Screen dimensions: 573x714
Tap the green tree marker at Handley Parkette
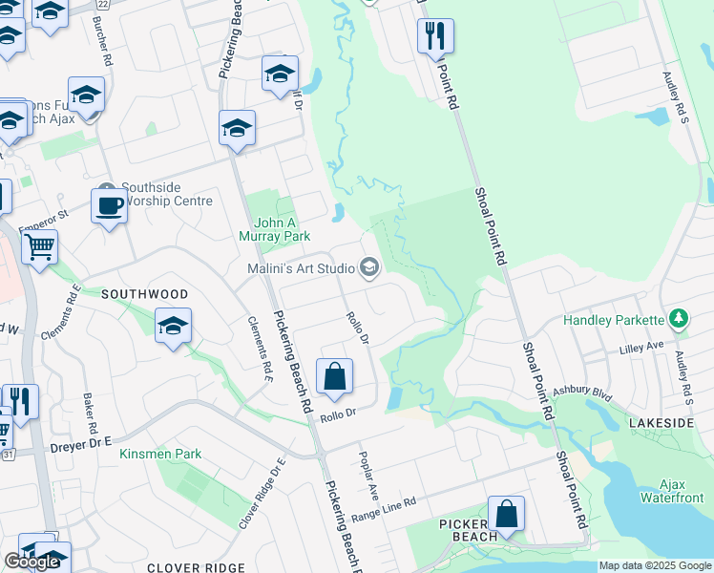679,317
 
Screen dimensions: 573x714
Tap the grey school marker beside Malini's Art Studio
369,268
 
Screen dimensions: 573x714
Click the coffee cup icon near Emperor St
109,205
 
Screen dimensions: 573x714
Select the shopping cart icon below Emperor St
39,247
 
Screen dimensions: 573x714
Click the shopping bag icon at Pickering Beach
506,514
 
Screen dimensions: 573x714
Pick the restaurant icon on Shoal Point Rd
435,36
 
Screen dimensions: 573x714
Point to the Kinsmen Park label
160,454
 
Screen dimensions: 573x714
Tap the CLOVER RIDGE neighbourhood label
197,567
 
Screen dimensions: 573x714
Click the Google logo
31,562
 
